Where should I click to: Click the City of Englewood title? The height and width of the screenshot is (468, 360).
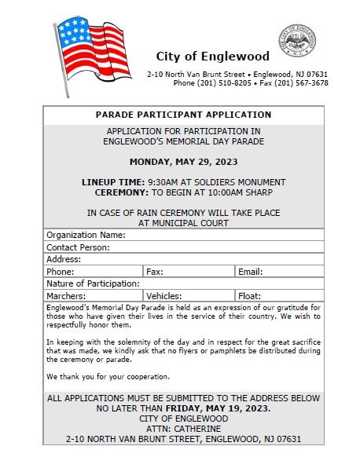[x=212, y=57]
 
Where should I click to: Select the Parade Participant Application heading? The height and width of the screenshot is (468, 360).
[x=183, y=115]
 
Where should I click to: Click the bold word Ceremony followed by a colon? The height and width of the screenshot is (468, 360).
[x=120, y=192]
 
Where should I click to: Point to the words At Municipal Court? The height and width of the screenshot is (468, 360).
[x=183, y=223]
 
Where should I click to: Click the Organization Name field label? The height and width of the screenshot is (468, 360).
[x=86, y=235]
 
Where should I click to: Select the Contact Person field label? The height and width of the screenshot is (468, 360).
[x=78, y=247]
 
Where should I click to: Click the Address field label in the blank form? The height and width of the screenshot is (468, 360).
[x=64, y=259]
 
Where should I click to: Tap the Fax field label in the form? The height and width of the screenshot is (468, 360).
[x=154, y=272]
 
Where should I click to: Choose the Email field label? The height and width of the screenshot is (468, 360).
[x=250, y=272]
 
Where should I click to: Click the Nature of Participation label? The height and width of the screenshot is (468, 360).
[x=93, y=283]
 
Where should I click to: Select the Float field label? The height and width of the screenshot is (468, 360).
[x=249, y=296]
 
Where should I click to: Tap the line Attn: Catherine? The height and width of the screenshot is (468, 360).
[x=183, y=429]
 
